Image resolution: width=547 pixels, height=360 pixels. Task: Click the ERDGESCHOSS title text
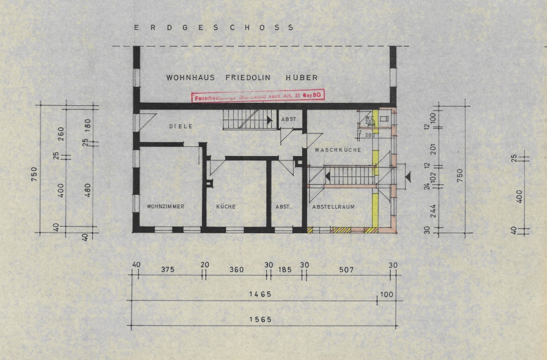point(214,28)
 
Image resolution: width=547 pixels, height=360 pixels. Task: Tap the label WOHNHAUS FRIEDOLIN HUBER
point(242,78)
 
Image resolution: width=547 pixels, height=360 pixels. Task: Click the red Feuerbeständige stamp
point(258,96)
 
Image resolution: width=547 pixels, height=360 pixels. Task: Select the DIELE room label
point(181,126)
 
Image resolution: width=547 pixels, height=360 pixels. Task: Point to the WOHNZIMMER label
point(165,207)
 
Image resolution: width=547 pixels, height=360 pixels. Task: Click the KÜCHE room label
point(226,207)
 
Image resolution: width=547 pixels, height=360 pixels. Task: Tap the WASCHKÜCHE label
point(338,150)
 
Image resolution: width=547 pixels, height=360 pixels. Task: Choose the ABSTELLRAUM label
point(334,207)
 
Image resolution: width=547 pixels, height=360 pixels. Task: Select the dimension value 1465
point(261,294)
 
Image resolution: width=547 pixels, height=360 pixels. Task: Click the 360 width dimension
point(236,269)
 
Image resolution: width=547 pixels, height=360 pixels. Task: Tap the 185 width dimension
point(285,269)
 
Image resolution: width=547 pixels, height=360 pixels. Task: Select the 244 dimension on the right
point(433,210)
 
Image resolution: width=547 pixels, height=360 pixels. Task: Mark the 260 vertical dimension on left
point(61,133)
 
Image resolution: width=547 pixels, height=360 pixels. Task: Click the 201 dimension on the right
point(433,149)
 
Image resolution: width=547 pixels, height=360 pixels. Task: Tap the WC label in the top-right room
point(369,118)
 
